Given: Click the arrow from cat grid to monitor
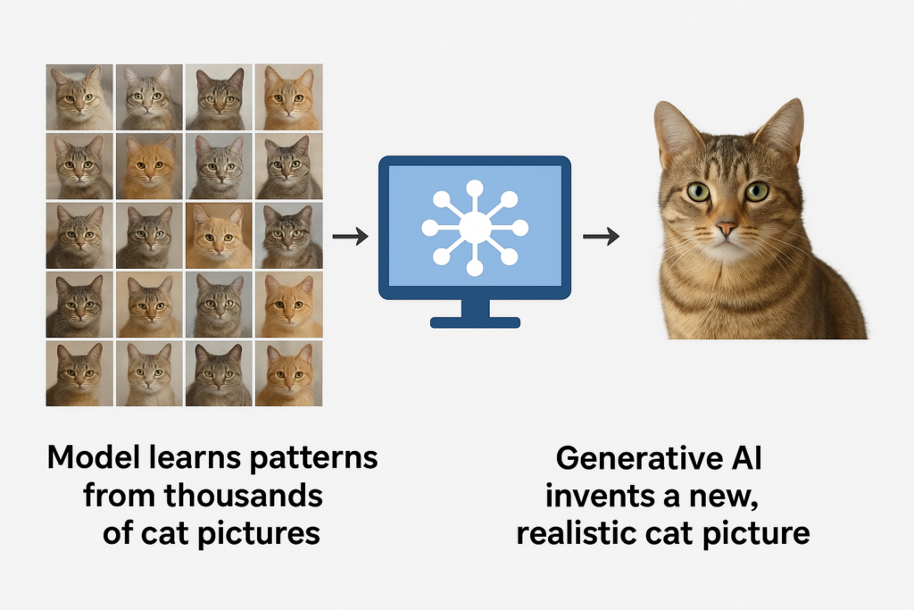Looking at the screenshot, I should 349,237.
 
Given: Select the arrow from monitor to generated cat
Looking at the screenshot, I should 601,237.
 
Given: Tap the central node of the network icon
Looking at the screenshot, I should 474,227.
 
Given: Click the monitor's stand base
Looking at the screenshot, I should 474,321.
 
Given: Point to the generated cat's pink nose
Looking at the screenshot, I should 727,230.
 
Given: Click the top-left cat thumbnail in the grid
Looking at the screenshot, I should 79,97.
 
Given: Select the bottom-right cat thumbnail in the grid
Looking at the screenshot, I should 289,374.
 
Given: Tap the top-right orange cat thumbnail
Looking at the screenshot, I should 289,97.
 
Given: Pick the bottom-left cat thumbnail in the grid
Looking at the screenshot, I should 79,374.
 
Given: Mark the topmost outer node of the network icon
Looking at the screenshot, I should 474,188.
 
